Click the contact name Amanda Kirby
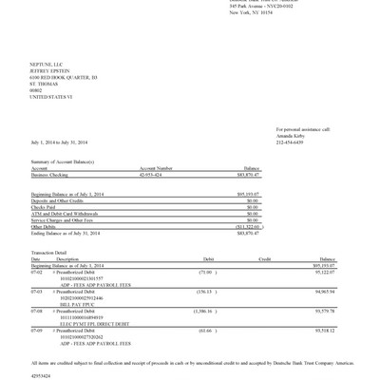tap(291, 135)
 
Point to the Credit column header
tap(265, 257)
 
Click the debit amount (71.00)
tap(207, 271)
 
